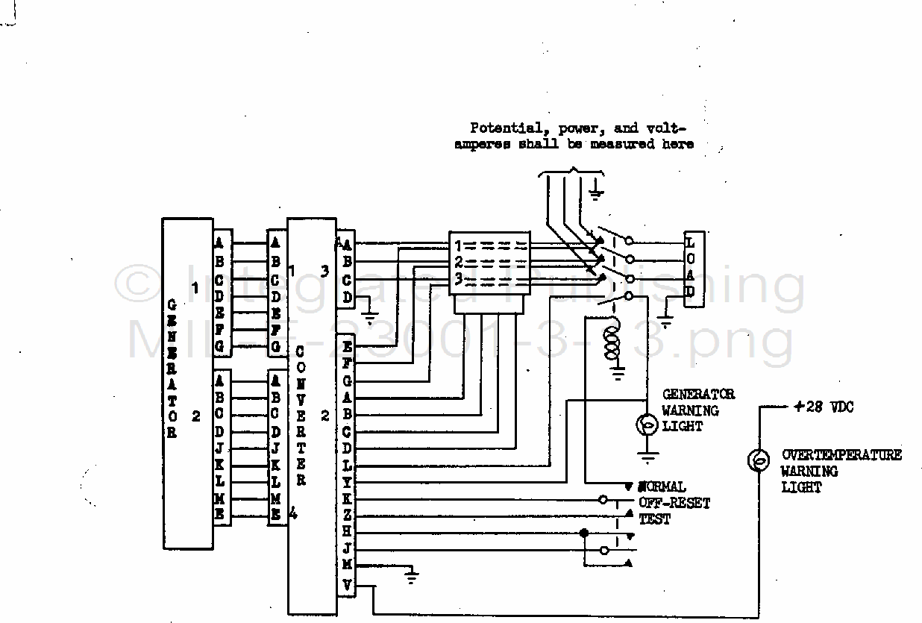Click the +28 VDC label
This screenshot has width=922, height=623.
824,407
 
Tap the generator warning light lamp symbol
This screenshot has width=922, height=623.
647,425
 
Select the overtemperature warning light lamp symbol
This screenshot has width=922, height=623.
759,460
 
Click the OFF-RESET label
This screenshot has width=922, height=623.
674,503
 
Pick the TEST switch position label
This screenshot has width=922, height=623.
654,519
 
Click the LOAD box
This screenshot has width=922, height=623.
690,269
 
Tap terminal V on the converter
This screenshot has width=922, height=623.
346,584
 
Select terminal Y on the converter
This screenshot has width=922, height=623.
346,482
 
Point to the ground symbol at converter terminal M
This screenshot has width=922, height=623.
411,575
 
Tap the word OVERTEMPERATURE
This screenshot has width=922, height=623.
841,454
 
